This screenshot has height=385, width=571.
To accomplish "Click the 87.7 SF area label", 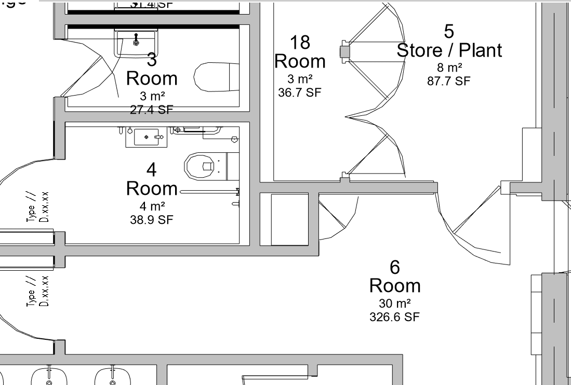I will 448,81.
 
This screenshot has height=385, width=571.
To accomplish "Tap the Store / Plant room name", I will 449,50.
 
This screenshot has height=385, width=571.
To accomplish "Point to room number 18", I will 300,42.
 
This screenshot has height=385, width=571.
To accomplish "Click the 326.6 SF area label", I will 395,317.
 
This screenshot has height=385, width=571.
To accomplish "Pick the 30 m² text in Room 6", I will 395,303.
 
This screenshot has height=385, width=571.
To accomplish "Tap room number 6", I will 395,267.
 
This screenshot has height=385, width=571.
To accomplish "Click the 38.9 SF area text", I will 151,220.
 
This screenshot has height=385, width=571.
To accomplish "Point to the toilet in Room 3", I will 214,77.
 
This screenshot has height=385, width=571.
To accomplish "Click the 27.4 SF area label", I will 152,110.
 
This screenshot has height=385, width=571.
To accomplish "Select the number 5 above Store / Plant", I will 449,31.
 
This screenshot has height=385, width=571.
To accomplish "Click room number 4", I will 151,169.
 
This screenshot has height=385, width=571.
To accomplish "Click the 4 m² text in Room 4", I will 151,206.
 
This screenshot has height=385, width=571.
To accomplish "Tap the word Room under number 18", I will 300,61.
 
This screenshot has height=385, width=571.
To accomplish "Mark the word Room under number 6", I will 395,286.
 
